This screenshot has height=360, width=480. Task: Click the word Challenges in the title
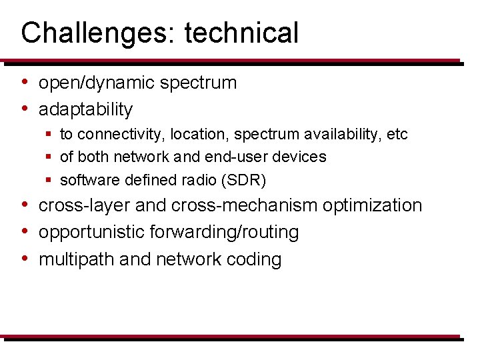[x=93, y=33]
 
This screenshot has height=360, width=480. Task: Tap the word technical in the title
[x=241, y=33]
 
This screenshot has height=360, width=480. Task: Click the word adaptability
[x=85, y=109]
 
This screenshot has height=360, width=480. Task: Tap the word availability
[x=342, y=135]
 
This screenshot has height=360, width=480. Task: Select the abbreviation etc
[x=397, y=135]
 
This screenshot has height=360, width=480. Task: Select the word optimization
[x=373, y=206]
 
